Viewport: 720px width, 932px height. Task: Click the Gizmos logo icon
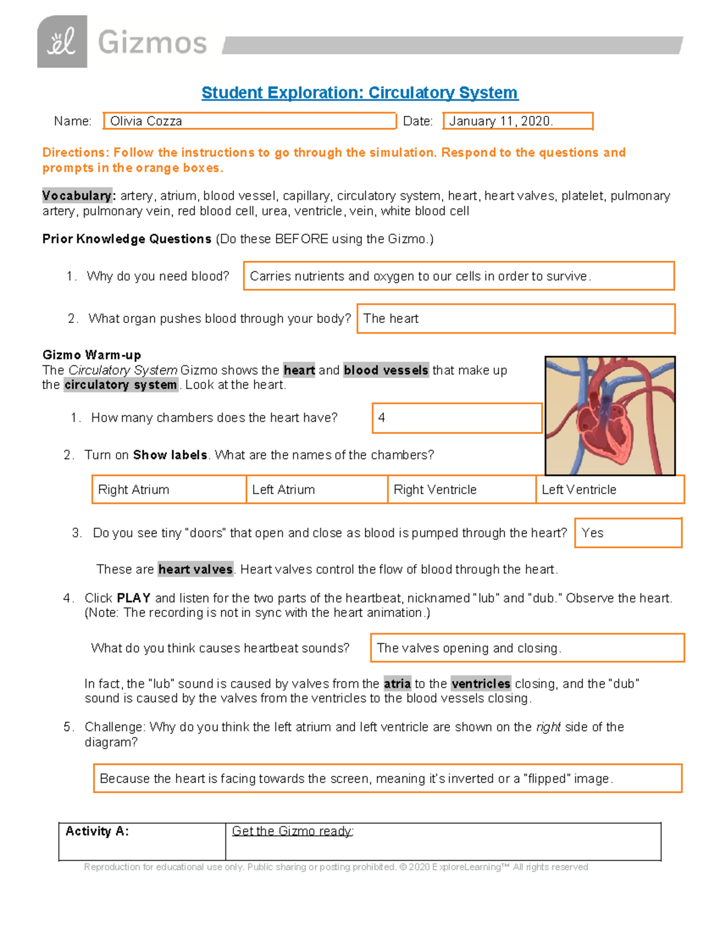[x=62, y=41]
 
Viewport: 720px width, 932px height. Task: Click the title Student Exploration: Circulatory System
[x=359, y=92]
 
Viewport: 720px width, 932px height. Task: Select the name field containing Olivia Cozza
[x=249, y=121]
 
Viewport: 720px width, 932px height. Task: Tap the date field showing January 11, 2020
[x=517, y=121]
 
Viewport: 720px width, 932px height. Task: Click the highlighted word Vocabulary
[x=77, y=196]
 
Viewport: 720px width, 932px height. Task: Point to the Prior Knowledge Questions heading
[x=127, y=239]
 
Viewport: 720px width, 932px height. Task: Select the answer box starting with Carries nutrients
[x=458, y=276]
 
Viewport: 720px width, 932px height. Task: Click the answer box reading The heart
[x=515, y=319]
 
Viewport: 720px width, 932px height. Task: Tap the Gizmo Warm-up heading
[x=92, y=355]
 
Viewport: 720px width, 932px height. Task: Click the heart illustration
[x=610, y=415]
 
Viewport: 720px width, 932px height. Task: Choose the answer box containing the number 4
[x=457, y=418]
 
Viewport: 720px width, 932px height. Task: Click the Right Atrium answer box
[x=169, y=490]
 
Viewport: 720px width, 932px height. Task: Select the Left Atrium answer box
[x=316, y=490]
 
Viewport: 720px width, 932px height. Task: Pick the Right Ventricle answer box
[x=461, y=490]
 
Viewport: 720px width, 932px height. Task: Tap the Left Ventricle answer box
[x=610, y=490]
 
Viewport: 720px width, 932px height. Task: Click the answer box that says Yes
[x=628, y=533]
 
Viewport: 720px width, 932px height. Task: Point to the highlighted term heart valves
[x=196, y=569]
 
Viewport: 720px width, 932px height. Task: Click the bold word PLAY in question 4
[x=133, y=598]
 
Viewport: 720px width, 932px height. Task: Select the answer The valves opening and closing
[x=527, y=648]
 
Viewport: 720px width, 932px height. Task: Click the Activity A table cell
[x=142, y=841]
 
